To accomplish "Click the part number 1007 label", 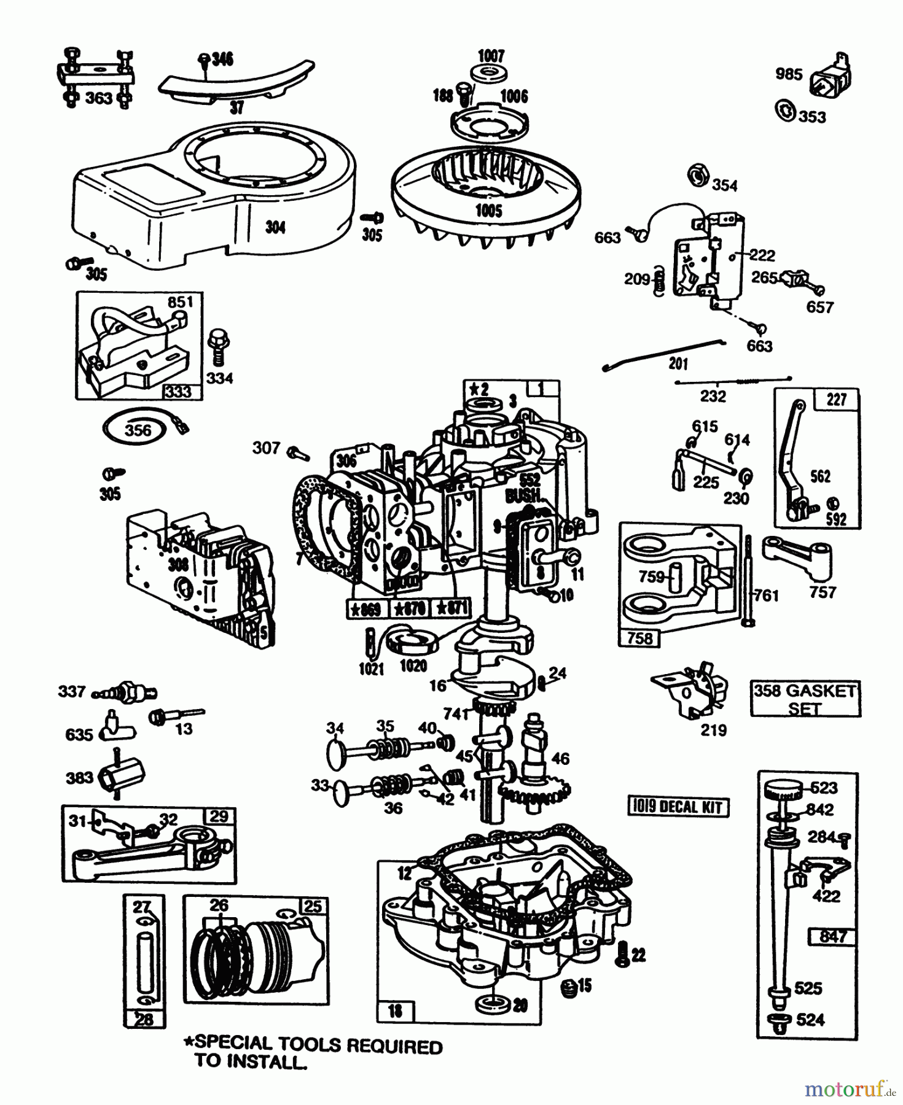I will point(491,56).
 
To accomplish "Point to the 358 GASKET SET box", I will point(805,699).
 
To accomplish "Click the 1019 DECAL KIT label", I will point(678,807).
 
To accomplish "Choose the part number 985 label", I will point(789,74).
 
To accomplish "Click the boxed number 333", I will point(178,391).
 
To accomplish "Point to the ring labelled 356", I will point(136,430).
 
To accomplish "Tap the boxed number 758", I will point(639,638).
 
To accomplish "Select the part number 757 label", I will point(823,592).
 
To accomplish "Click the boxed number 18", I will point(395,1010).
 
